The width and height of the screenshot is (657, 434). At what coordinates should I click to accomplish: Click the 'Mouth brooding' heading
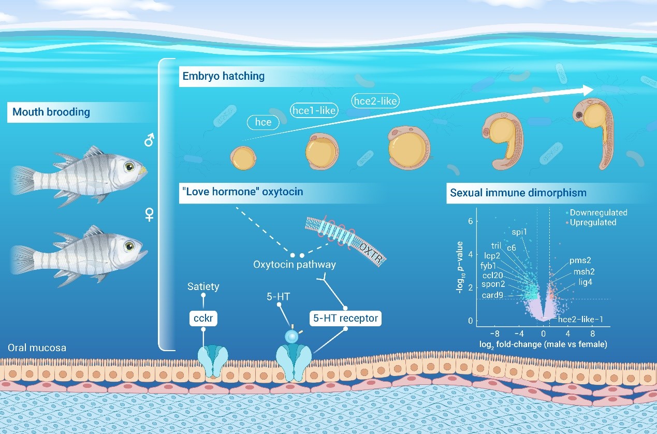pyautogui.click(x=51, y=112)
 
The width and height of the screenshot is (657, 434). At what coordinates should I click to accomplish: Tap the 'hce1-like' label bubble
pyautogui.click(x=314, y=110)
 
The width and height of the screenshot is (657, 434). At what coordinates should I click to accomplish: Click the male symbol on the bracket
pyautogui.click(x=149, y=140)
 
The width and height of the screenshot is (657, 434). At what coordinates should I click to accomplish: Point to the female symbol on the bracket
pyautogui.click(x=150, y=215)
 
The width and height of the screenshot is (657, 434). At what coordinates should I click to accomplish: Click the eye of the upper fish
pyautogui.click(x=128, y=167)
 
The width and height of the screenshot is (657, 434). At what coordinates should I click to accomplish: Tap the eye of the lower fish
pyautogui.click(x=128, y=245)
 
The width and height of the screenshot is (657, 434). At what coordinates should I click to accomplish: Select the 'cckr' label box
pyautogui.click(x=203, y=318)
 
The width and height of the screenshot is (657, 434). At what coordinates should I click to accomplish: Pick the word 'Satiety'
pyautogui.click(x=203, y=286)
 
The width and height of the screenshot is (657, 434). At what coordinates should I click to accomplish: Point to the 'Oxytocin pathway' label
pyautogui.click(x=294, y=265)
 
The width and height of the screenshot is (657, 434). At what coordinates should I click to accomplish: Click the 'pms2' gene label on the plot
pyautogui.click(x=580, y=261)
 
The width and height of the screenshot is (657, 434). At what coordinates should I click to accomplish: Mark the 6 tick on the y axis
pyautogui.click(x=470, y=221)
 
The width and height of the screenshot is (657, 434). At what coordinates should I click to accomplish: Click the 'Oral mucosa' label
pyautogui.click(x=37, y=348)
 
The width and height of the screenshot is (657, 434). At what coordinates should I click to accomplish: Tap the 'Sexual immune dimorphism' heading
pyautogui.click(x=518, y=193)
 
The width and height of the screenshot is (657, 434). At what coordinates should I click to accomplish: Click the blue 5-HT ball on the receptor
pyautogui.click(x=293, y=337)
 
